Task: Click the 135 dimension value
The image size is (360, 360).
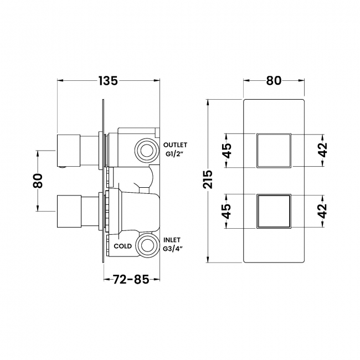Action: pyautogui.click(x=109, y=80)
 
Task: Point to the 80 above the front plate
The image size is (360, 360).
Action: pyautogui.click(x=274, y=80)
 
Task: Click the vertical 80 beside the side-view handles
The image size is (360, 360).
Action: pyautogui.click(x=38, y=180)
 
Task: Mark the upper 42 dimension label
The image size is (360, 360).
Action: pyautogui.click(x=323, y=150)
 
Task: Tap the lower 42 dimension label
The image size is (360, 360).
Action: pyautogui.click(x=323, y=210)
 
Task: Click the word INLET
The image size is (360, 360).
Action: pyautogui.click(x=172, y=239)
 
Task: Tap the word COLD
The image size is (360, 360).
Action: pyautogui.click(x=123, y=246)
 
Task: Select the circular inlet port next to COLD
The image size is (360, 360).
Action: pyautogui.click(x=147, y=244)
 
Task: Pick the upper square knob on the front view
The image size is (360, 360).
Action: pyautogui.click(x=274, y=150)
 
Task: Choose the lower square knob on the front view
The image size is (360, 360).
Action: pyautogui.click(x=274, y=210)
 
